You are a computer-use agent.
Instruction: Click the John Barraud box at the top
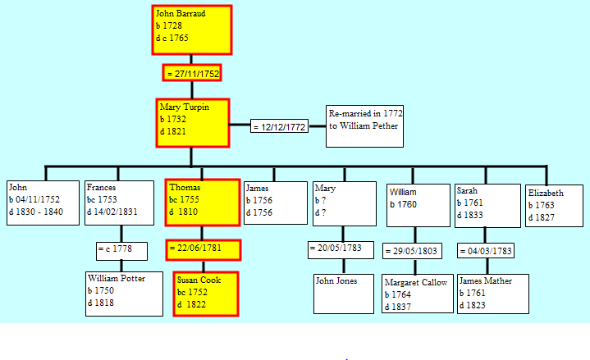coord(192,30)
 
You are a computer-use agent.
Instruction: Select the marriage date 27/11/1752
coord(192,73)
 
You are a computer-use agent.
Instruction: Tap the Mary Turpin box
coord(193,123)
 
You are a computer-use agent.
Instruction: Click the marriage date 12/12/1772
coord(279,127)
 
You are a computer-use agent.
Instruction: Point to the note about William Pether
coord(364,126)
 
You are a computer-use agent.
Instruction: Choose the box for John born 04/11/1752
coord(43,203)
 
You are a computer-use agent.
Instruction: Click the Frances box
coord(119,203)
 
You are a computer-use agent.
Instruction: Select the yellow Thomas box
coord(203,203)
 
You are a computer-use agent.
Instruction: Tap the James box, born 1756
coord(276,203)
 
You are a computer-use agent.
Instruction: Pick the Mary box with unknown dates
coord(345,204)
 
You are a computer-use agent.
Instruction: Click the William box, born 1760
coord(418,205)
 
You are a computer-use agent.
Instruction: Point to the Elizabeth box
coord(554,206)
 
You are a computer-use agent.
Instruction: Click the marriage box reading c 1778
coord(121,251)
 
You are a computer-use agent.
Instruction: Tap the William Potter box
coord(124,294)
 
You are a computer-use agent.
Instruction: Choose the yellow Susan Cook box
coord(206,294)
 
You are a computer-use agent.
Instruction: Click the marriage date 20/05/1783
coord(341,250)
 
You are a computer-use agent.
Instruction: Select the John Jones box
coord(344,294)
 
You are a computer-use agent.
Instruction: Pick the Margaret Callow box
coord(418,294)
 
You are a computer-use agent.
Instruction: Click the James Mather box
coord(493,294)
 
